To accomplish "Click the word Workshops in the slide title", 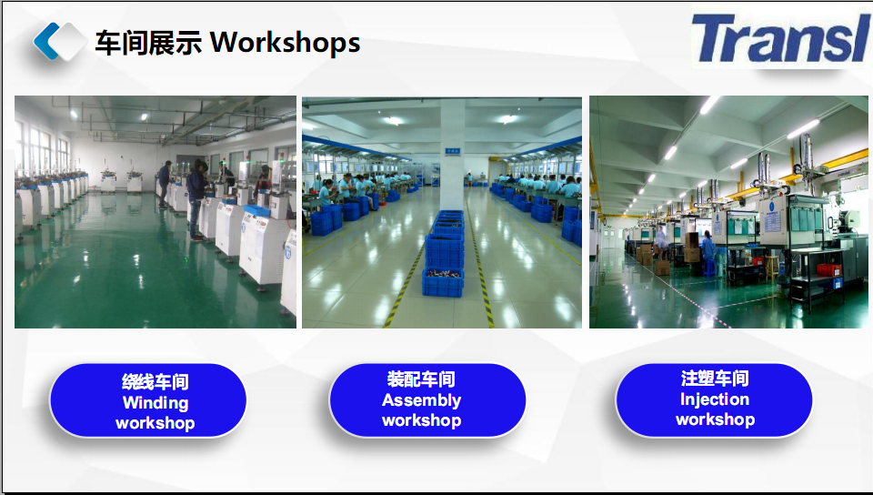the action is tap(285, 43).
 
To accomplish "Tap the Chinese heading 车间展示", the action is tap(148, 43).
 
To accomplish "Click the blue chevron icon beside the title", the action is tap(46, 41).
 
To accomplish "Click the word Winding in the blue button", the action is tap(156, 402).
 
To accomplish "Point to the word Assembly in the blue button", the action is tap(421, 400).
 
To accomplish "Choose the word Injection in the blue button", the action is tap(715, 399).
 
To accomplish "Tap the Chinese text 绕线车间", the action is tap(156, 382).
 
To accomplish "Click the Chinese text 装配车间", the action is tap(421, 379).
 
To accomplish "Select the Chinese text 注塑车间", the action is tap(715, 378).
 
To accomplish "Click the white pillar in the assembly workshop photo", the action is tap(452, 155).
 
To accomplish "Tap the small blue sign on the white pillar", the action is tap(452, 151).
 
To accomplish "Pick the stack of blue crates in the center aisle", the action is tap(444, 253).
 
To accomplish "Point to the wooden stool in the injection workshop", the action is tap(772, 268).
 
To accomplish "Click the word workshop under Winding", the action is tap(156, 423).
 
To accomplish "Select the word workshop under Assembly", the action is tap(421, 420).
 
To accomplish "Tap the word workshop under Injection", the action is tap(715, 419).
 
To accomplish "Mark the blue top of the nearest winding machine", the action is tap(256, 210).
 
